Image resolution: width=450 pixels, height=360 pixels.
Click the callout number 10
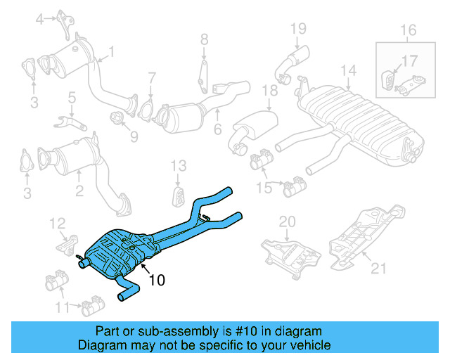157,280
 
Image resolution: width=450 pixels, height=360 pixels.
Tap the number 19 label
298,28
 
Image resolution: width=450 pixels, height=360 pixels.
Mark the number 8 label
204,39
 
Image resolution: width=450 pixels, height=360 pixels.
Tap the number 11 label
63,307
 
